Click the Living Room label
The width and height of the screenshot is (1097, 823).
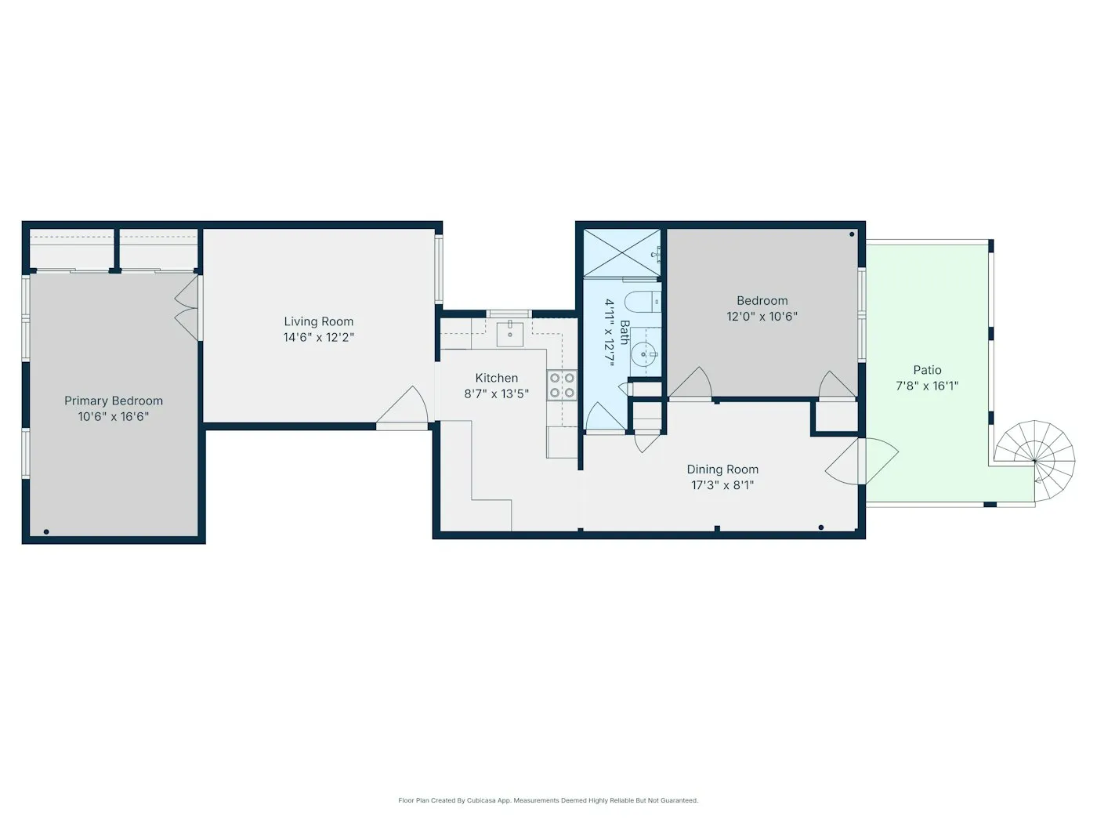coord(318,321)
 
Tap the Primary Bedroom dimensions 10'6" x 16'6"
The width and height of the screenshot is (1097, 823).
coord(114,417)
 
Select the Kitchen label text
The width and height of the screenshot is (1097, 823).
coord(496,378)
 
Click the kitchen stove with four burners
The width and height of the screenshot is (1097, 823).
coord(562,385)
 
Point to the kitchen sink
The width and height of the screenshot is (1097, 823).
coord(510,332)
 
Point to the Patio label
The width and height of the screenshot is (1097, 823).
coord(927,370)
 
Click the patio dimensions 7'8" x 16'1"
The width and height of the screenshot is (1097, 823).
coord(927,386)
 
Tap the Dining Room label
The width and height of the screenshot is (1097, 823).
coord(722,470)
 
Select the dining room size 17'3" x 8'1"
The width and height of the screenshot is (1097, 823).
coord(722,485)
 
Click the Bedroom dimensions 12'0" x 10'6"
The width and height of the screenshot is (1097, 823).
coord(762,317)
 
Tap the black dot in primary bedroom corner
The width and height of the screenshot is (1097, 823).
coord(46,532)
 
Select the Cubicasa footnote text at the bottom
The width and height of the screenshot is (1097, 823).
coord(548,800)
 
